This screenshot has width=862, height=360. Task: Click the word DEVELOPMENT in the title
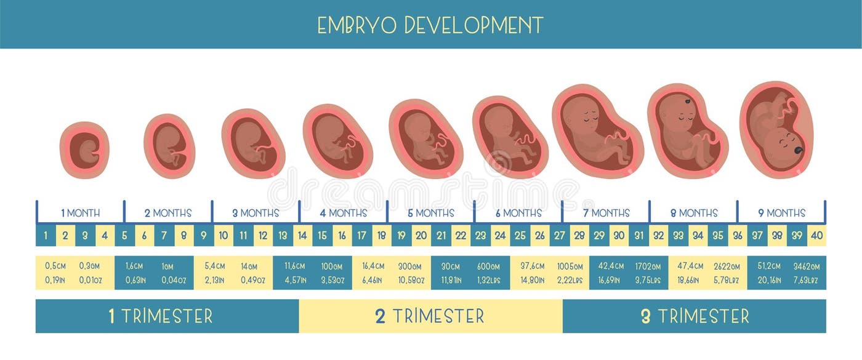(474, 25)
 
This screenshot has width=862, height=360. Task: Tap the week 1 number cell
(46, 235)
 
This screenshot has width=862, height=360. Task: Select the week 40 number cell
(816, 235)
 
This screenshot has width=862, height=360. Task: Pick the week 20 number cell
(421, 235)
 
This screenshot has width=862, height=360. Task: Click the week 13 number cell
(283, 235)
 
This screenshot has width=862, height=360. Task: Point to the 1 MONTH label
(81, 214)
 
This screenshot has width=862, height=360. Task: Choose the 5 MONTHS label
(430, 214)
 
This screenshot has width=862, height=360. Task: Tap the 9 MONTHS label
(781, 214)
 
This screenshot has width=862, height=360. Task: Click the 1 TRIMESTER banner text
(161, 316)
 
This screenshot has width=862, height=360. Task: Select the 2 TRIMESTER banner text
(430, 316)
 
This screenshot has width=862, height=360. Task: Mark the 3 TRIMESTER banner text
(695, 316)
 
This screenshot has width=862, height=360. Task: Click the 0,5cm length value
(55, 266)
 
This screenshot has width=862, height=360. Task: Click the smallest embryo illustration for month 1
(84, 150)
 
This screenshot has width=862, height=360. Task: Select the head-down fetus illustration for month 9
(776, 130)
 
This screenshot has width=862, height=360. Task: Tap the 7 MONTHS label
(606, 214)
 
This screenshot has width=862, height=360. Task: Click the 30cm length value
(451, 266)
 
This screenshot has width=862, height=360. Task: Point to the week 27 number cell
(559, 235)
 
